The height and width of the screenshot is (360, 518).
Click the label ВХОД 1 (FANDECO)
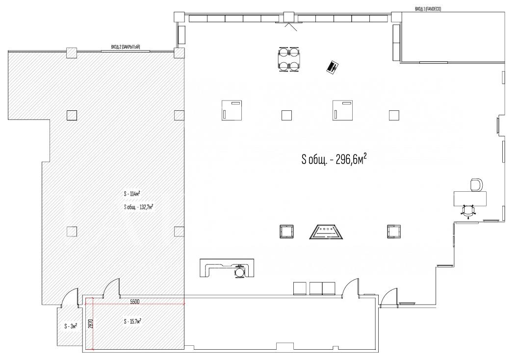pos(428,9)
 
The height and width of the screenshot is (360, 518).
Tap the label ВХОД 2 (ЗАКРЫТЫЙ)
pos(126,47)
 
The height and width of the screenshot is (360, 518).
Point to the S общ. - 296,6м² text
pos(334,160)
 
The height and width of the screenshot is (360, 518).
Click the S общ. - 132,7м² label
pos(138,207)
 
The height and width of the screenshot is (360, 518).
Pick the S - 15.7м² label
pos(132,321)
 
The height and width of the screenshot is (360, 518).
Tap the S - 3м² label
pos(71,326)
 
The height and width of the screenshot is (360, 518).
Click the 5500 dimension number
pos(134,301)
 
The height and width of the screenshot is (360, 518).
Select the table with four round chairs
pos(289,59)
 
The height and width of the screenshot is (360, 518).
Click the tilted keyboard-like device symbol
pos(333,67)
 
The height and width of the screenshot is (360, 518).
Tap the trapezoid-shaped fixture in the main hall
pos(326,232)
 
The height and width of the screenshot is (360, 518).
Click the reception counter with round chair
pos(227,268)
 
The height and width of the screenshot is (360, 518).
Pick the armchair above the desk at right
pos(476,184)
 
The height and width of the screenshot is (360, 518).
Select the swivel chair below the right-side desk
pos(468,211)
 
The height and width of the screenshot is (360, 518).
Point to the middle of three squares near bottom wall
pos(316,288)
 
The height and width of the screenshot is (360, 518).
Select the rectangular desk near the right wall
pos(470,198)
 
